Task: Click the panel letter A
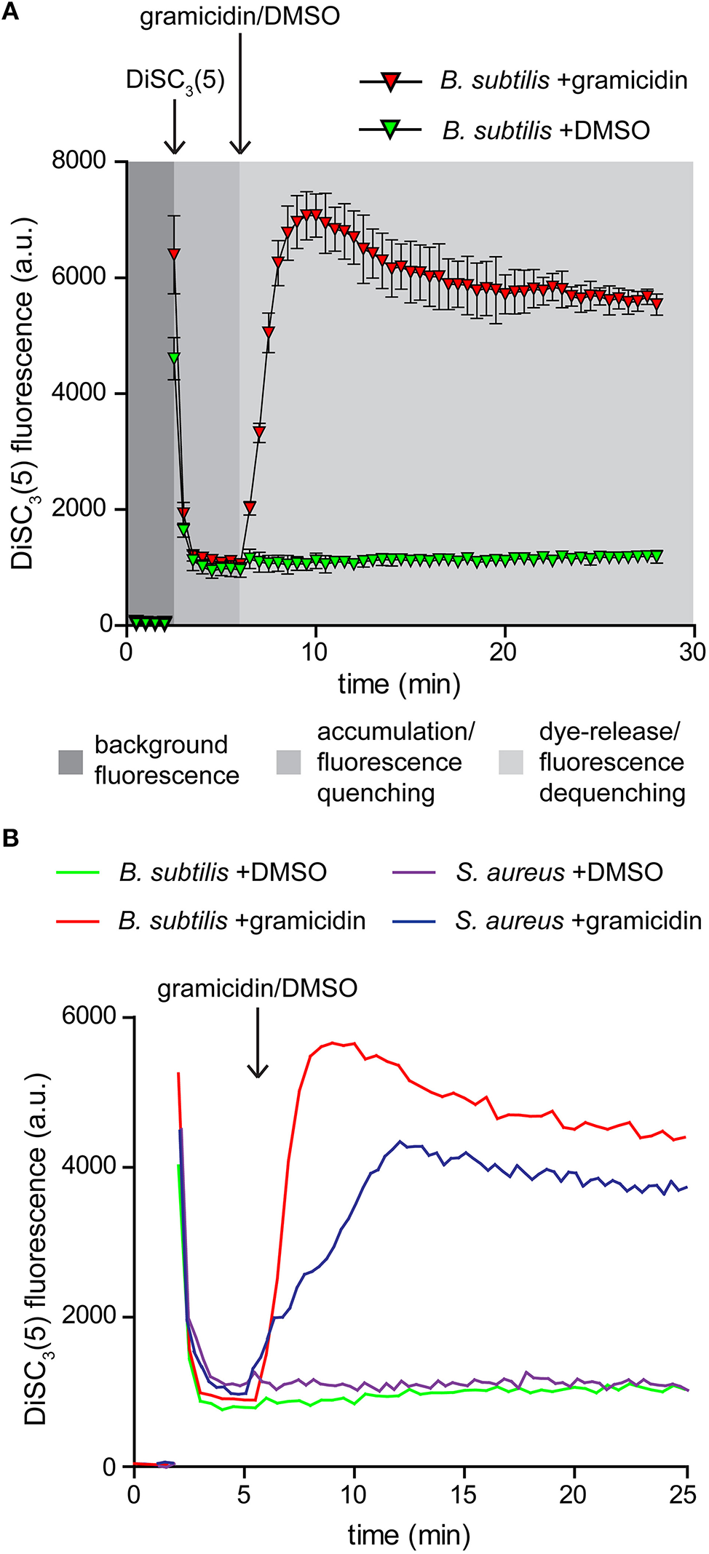(10, 12)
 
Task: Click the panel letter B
(10, 838)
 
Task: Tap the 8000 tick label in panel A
(79, 160)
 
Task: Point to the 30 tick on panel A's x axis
(692, 651)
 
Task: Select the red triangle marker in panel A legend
(391, 81)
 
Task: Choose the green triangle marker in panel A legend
(391, 130)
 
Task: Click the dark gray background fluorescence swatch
(71, 762)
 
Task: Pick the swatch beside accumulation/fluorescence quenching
(289, 762)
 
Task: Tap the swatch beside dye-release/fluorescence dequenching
(511, 762)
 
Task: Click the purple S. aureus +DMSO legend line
(413, 872)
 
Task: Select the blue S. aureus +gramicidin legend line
(413, 921)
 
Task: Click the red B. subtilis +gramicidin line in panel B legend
(78, 921)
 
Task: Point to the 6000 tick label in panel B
(90, 1016)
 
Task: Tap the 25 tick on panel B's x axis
(683, 1494)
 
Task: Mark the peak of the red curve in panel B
(333, 1043)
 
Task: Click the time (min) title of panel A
(399, 685)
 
